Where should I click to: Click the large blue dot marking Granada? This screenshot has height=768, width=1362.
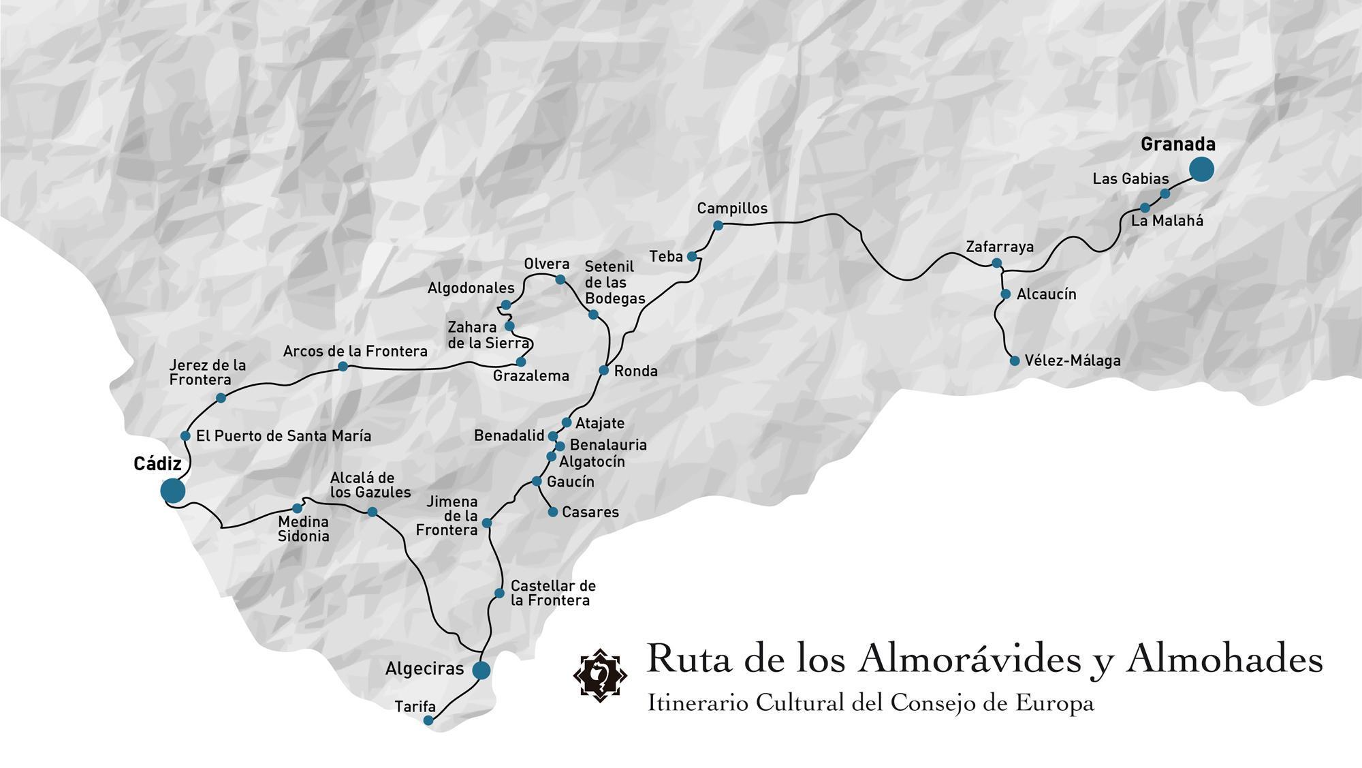point(1201,169)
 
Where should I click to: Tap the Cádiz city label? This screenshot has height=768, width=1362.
point(157,464)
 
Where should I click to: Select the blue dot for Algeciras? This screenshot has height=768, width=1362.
point(481,670)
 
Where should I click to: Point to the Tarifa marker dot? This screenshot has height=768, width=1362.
point(428,720)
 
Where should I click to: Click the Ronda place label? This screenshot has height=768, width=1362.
point(635,371)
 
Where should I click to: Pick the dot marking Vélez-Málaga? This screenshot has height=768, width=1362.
point(1015,360)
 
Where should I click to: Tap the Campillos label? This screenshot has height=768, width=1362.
point(732,209)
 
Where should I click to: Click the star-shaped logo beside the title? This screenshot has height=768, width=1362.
point(600,675)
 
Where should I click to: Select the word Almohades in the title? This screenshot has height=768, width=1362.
point(1224,659)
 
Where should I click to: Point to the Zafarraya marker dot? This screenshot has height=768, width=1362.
point(997,263)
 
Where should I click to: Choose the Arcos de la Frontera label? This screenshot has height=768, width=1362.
point(355,352)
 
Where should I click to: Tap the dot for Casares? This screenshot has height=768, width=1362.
point(553,512)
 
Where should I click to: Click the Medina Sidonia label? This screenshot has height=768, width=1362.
point(303,529)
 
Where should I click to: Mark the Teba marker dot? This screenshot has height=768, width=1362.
point(692,256)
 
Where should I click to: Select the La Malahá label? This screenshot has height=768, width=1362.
point(1167,221)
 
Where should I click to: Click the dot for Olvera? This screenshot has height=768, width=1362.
point(560,279)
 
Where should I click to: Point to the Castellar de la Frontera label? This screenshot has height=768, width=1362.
point(552,593)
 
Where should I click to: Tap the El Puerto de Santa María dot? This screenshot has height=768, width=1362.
point(185,435)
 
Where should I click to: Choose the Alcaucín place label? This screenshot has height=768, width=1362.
point(1046,294)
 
